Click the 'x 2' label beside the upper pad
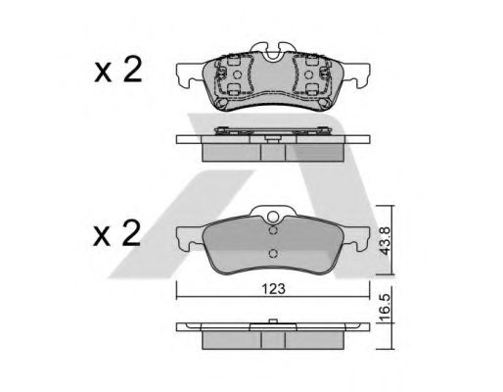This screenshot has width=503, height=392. click(118, 70)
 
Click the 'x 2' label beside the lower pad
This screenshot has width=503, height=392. click(116, 233)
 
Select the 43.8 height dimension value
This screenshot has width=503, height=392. click(386, 241)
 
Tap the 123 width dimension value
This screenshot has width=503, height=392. click(273, 289)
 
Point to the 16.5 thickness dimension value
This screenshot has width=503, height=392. click(386, 308)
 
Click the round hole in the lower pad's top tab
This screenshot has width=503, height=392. click(273, 217)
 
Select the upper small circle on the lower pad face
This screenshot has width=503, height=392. click(273, 230)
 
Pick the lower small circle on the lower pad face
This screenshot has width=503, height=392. click(273, 254)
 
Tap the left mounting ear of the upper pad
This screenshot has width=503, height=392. click(189, 74)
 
